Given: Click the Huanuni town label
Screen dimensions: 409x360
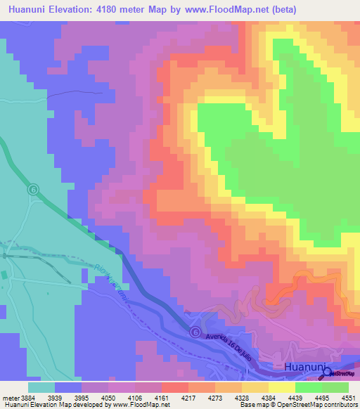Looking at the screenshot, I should point(304,367).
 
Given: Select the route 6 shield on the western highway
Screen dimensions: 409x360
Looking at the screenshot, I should point(33,190).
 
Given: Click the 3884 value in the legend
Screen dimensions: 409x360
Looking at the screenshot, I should point(27,398).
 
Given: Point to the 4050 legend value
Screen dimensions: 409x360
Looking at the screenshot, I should point(108,398).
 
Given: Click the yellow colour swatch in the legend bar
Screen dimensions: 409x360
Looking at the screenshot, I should point(281,387).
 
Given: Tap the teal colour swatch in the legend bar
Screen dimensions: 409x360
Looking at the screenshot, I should point(41,387).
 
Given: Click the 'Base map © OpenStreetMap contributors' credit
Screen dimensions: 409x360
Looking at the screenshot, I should point(297,405).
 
